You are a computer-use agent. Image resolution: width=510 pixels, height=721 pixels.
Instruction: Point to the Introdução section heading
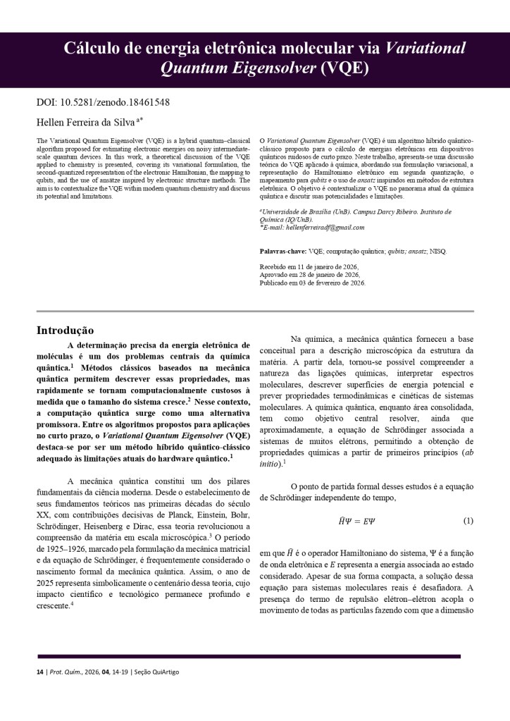pos(65,329)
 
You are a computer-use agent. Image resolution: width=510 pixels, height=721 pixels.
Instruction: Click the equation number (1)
pos(468,521)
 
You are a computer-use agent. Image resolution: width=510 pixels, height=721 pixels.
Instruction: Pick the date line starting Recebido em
pos(309,267)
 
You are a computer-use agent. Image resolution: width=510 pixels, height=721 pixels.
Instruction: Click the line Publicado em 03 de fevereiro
pos(313,283)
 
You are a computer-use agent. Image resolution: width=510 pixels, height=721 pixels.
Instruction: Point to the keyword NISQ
pos(437,251)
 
